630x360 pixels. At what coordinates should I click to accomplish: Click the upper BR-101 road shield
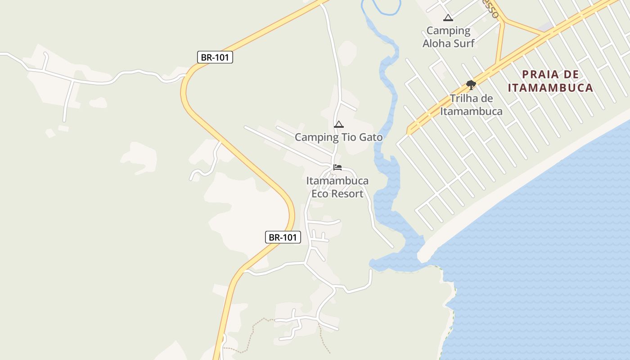(215, 57)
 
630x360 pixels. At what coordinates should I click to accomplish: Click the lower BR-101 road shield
(283, 237)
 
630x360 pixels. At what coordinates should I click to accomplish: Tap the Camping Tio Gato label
(338, 137)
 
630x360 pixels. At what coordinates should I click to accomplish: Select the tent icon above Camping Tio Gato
(339, 124)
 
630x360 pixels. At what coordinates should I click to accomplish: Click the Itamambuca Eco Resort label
(337, 187)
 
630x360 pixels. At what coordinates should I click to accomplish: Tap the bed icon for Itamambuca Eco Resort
(337, 167)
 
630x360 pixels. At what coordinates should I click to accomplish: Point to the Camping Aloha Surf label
(448, 37)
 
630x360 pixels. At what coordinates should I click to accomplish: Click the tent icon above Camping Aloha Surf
(448, 18)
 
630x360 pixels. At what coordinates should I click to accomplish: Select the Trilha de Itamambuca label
(471, 105)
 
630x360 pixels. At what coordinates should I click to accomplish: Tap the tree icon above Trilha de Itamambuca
(471, 85)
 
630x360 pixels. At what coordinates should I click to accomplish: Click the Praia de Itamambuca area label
(550, 81)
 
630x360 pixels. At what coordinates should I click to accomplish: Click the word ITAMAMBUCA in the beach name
(550, 88)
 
